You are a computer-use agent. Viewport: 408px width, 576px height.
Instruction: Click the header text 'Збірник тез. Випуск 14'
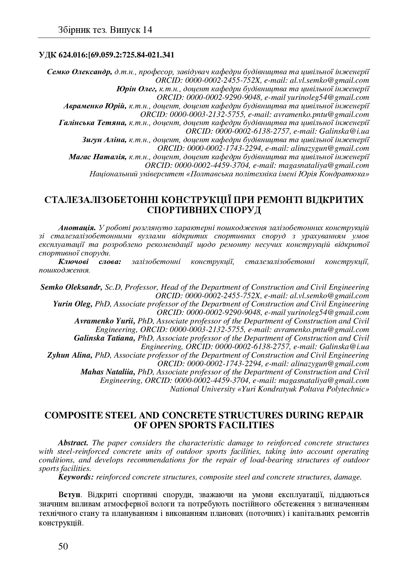click(105, 30)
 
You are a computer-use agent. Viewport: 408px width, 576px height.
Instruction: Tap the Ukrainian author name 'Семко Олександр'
click(80, 72)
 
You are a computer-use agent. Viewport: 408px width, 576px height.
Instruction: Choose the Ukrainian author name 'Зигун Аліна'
click(104, 140)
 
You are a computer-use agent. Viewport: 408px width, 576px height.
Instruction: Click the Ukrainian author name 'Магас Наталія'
click(97, 157)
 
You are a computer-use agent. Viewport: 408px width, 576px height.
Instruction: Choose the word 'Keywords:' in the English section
click(76, 477)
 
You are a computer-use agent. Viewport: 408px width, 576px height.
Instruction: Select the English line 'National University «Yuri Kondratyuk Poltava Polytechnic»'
click(269, 389)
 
